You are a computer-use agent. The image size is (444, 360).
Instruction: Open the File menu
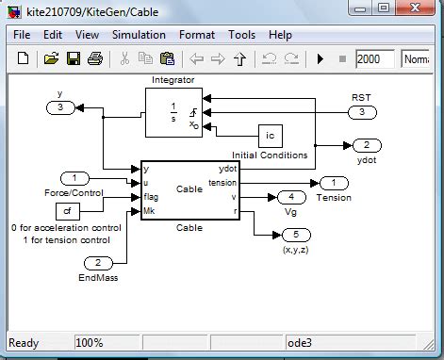(x=22, y=34)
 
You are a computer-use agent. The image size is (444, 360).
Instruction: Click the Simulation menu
(x=138, y=34)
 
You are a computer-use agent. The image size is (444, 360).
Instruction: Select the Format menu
(x=197, y=34)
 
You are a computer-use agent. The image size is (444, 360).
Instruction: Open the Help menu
(x=280, y=34)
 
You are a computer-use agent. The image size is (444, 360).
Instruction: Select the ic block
(x=271, y=135)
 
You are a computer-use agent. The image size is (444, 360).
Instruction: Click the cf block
(x=69, y=209)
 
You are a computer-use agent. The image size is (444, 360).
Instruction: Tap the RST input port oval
(x=361, y=113)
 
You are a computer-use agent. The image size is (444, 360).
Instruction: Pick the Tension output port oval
(x=333, y=183)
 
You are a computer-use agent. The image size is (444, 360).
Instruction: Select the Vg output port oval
(x=290, y=197)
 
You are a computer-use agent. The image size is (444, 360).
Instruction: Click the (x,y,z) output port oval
(x=295, y=234)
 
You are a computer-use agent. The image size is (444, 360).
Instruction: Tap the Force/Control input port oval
(x=74, y=178)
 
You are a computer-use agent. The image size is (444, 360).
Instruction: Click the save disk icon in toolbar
(x=73, y=58)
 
